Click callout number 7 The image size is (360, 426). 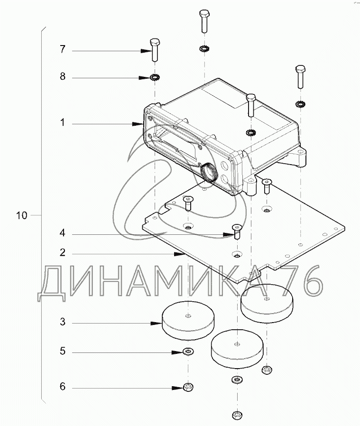(63, 49)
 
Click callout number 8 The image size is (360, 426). (63, 76)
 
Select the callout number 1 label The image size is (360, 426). (63, 122)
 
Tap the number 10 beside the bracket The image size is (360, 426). (22, 215)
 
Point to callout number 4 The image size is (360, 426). (63, 233)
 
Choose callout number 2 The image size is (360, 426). (63, 252)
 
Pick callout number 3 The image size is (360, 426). (63, 322)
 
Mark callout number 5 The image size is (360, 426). (63, 351)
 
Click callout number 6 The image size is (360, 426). (63, 386)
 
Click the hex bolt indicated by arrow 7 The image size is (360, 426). (155, 50)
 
